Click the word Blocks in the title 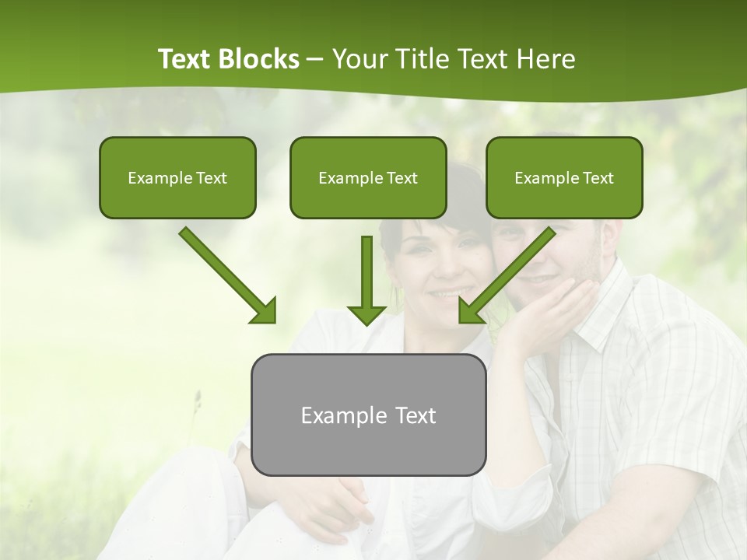point(261,59)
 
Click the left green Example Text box point(177,177)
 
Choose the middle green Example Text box point(368,177)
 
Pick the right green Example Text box point(564,177)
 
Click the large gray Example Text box point(368,415)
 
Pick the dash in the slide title point(315,60)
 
